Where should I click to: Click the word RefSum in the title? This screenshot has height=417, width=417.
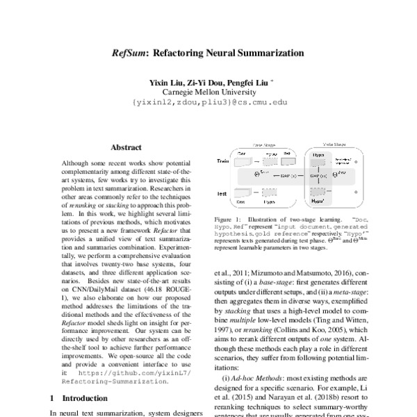click(x=130, y=53)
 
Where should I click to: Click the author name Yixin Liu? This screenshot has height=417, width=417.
click(x=166, y=82)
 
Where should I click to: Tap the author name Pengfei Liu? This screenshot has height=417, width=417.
click(x=246, y=82)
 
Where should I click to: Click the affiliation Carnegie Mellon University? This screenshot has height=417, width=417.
click(x=208, y=92)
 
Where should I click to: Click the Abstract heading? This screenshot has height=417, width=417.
click(x=126, y=147)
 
